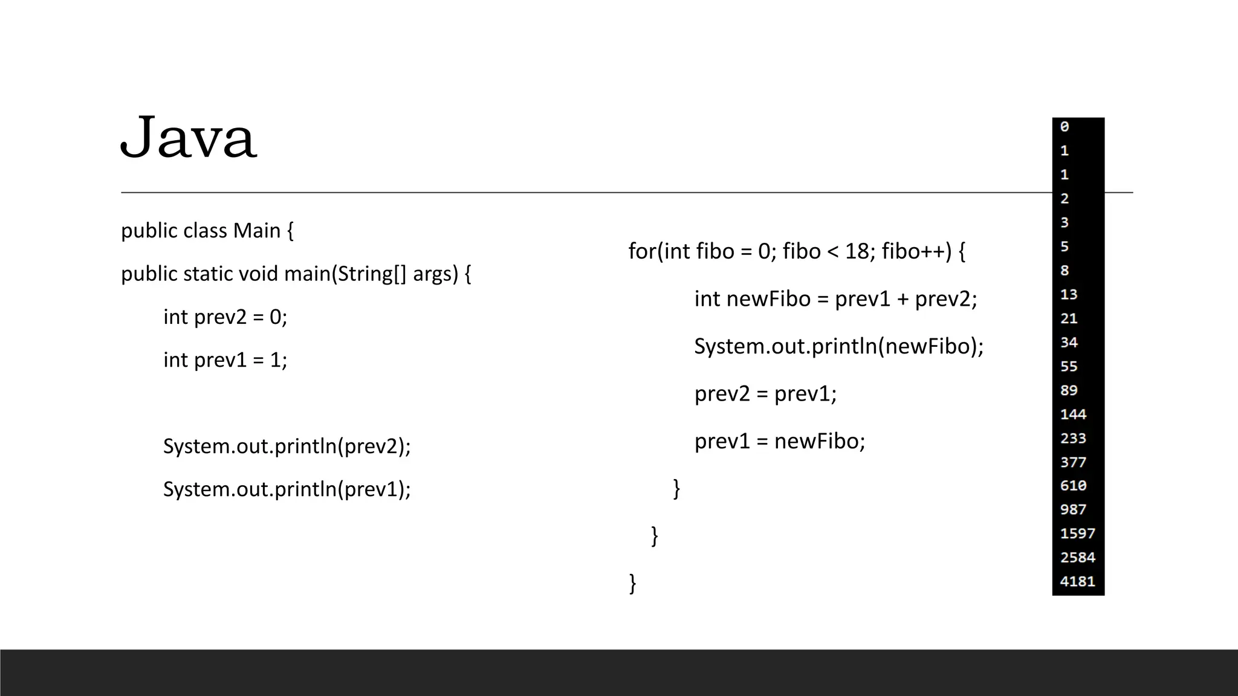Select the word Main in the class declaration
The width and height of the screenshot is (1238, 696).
tap(257, 231)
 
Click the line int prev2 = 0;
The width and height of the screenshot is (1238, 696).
tap(225, 317)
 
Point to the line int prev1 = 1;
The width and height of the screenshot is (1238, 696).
tap(225, 360)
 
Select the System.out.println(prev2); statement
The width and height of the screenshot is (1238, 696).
tap(287, 446)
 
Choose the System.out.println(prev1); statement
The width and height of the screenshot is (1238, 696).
tap(287, 489)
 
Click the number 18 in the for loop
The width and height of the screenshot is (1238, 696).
tap(857, 251)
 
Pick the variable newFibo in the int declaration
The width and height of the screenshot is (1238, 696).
tap(768, 299)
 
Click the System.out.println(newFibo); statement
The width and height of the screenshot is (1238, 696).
tap(838, 346)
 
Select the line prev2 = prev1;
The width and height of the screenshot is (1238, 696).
tap(765, 394)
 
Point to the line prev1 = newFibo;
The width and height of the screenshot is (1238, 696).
tap(780, 442)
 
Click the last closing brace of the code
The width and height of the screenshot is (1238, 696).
tap(633, 584)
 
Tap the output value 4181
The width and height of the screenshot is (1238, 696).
tap(1077, 581)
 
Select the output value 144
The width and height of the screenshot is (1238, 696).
tap(1073, 414)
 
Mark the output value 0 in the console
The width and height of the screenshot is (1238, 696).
tap(1065, 127)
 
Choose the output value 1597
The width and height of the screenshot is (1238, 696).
tap(1077, 533)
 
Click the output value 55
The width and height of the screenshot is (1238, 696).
tap(1069, 367)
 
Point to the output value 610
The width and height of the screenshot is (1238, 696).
tap(1073, 486)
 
